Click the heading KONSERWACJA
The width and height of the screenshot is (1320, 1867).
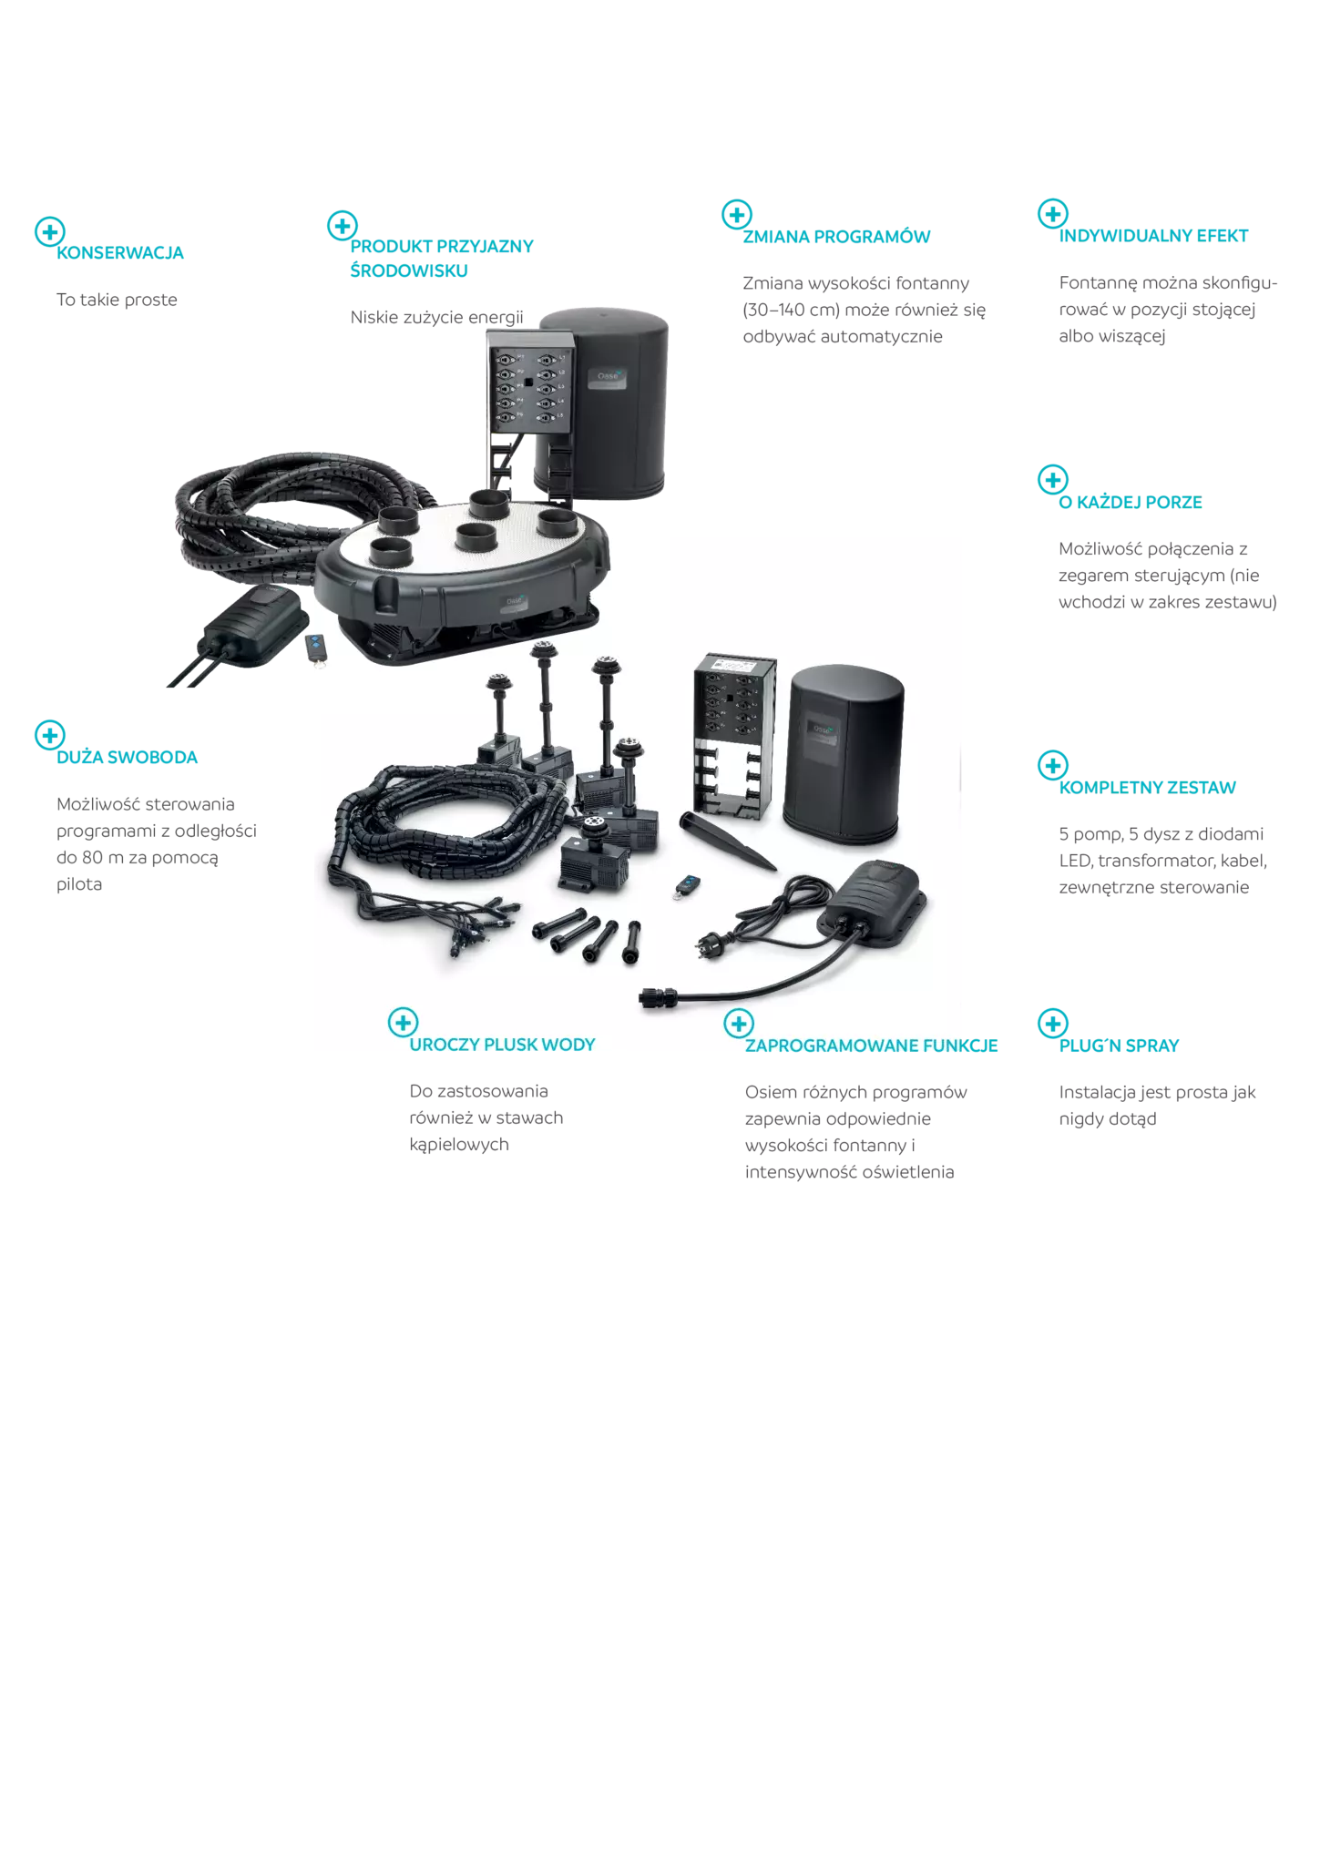pyautogui.click(x=120, y=253)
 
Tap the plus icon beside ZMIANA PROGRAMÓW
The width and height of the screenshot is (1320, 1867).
pyautogui.click(x=736, y=215)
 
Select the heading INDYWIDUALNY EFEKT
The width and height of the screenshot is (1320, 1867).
pyautogui.click(x=1153, y=236)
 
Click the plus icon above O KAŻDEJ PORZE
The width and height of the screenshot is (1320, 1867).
pyautogui.click(x=1053, y=480)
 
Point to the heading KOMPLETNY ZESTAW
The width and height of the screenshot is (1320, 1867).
pyautogui.click(x=1147, y=788)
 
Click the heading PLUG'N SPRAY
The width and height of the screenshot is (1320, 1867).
pyautogui.click(x=1119, y=1046)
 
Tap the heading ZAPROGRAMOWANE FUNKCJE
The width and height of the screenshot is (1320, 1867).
pyautogui.click(x=871, y=1046)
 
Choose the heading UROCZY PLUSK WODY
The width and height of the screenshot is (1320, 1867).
pyautogui.click(x=502, y=1045)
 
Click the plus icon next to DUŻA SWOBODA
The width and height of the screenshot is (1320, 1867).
pyautogui.click(x=50, y=735)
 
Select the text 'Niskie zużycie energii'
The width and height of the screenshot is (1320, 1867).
pyautogui.click(x=437, y=317)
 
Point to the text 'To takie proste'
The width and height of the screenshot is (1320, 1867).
pyautogui.click(x=117, y=300)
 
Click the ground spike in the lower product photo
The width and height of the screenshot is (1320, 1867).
pyautogui.click(x=726, y=842)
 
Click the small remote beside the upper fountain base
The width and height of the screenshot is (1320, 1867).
pyautogui.click(x=315, y=648)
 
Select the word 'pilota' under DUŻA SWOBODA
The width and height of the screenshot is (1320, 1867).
pyautogui.click(x=79, y=884)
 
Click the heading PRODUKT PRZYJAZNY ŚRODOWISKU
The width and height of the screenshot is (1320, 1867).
pyautogui.click(x=442, y=259)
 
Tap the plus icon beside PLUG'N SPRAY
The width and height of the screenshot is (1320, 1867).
pyautogui.click(x=1053, y=1024)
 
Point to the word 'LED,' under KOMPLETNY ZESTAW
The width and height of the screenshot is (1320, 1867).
pyautogui.click(x=1076, y=861)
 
